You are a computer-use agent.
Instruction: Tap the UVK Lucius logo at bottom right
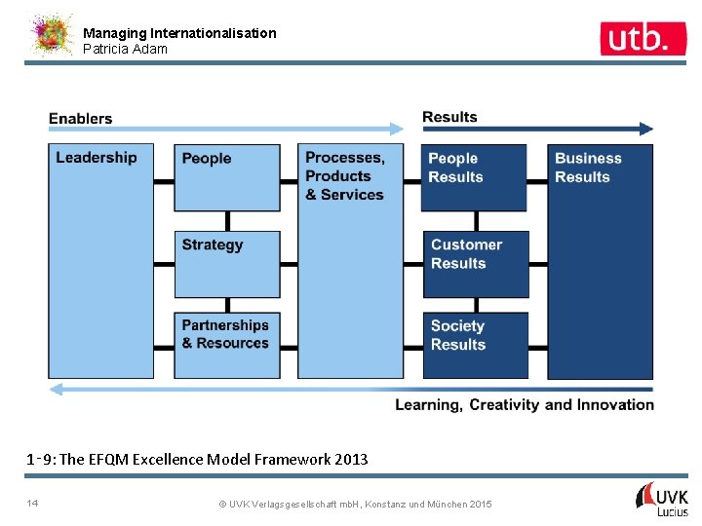663,498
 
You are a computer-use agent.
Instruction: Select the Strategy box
227,264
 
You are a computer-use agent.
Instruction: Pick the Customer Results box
475,264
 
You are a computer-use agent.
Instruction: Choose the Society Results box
475,345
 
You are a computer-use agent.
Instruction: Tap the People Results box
474,177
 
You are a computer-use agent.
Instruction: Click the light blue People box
227,177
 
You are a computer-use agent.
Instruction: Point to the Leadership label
97,158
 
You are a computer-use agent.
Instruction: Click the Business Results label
588,168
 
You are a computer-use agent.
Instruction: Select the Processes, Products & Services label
345,176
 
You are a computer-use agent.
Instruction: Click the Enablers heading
81,119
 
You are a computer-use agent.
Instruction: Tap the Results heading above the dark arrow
449,118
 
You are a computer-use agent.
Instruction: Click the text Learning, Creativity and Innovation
525,405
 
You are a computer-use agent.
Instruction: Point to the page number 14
34,503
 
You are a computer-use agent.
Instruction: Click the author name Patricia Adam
125,49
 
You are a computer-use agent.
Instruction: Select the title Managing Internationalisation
179,33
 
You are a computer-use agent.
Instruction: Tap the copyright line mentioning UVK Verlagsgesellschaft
355,504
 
